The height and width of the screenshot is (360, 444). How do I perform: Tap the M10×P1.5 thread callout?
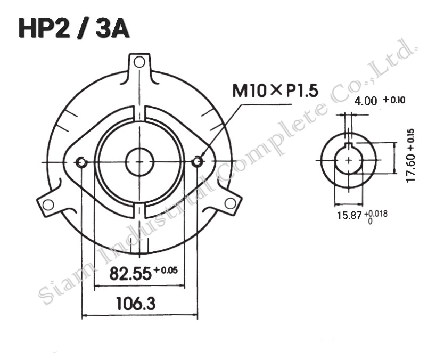275,91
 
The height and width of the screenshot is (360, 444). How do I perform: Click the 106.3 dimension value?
136,304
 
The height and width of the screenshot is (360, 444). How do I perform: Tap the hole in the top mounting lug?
139,62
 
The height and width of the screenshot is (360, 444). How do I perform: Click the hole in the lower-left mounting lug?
48,204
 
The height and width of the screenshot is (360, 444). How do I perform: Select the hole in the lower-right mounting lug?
230,203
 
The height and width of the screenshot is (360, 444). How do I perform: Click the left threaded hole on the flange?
81,162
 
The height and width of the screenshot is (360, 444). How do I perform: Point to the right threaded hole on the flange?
198,161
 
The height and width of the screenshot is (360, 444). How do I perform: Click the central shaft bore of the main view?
139,161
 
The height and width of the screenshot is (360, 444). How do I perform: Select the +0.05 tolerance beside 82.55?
165,271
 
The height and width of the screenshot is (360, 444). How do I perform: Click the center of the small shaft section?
348,160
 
